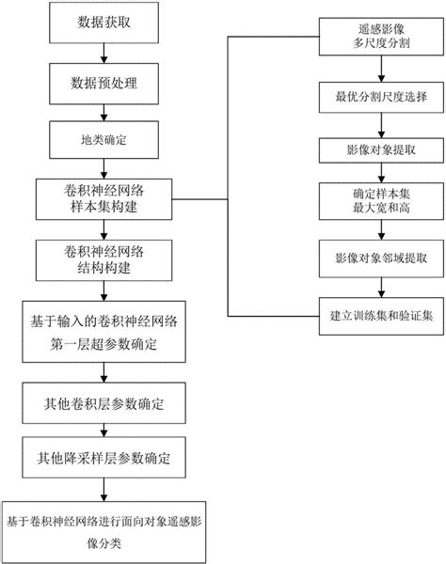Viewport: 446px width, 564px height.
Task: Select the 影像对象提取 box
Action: tap(377, 149)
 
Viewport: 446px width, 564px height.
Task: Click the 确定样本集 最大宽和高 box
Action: tap(377, 203)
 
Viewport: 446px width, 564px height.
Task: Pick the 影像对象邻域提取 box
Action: tap(377, 257)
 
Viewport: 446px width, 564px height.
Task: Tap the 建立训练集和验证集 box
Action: tap(377, 313)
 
